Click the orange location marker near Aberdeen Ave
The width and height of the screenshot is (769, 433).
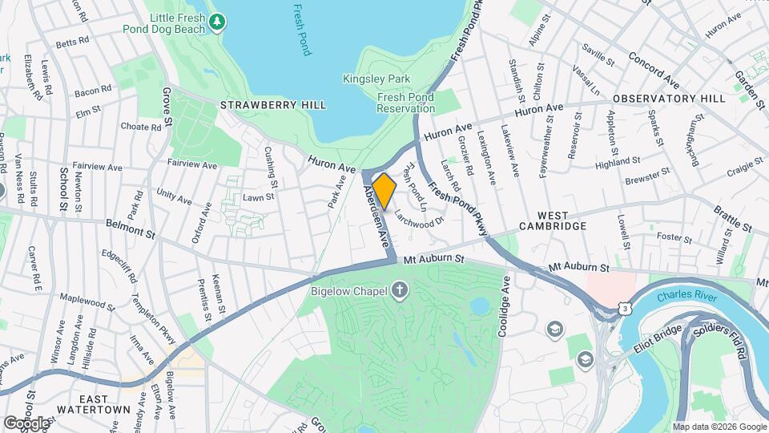point(384,191)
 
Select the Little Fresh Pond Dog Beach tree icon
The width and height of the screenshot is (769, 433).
point(216,22)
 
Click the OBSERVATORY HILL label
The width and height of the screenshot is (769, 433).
point(669,99)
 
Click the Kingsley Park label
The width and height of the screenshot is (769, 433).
point(376,79)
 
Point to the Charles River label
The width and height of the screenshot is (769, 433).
point(685,296)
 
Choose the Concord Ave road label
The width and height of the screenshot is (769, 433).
point(654,70)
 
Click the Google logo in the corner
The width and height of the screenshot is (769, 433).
point(26,422)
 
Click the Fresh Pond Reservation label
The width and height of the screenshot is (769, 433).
point(405,103)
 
